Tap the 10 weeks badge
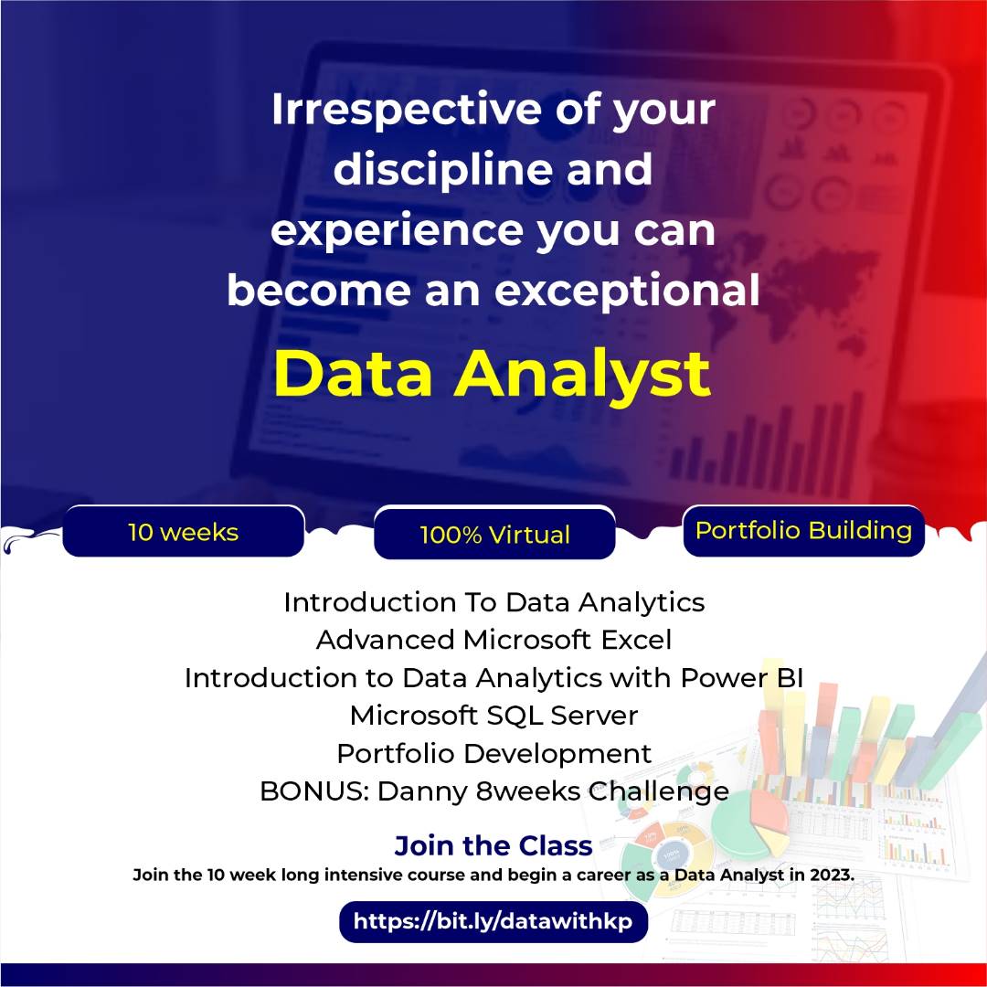pyautogui.click(x=183, y=532)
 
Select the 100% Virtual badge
pyautogui.click(x=494, y=535)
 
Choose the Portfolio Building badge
pyautogui.click(x=803, y=531)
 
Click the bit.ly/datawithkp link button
pyautogui.click(x=493, y=921)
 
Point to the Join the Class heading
pyautogui.click(x=493, y=845)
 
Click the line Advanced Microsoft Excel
pyautogui.click(x=493, y=640)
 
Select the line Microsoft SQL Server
pyautogui.click(x=493, y=715)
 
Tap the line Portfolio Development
pyautogui.click(x=493, y=753)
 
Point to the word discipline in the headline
pyautogui.click(x=442, y=171)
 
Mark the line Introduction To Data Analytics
pyautogui.click(x=493, y=602)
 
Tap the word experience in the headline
pyautogui.click(x=396, y=231)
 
